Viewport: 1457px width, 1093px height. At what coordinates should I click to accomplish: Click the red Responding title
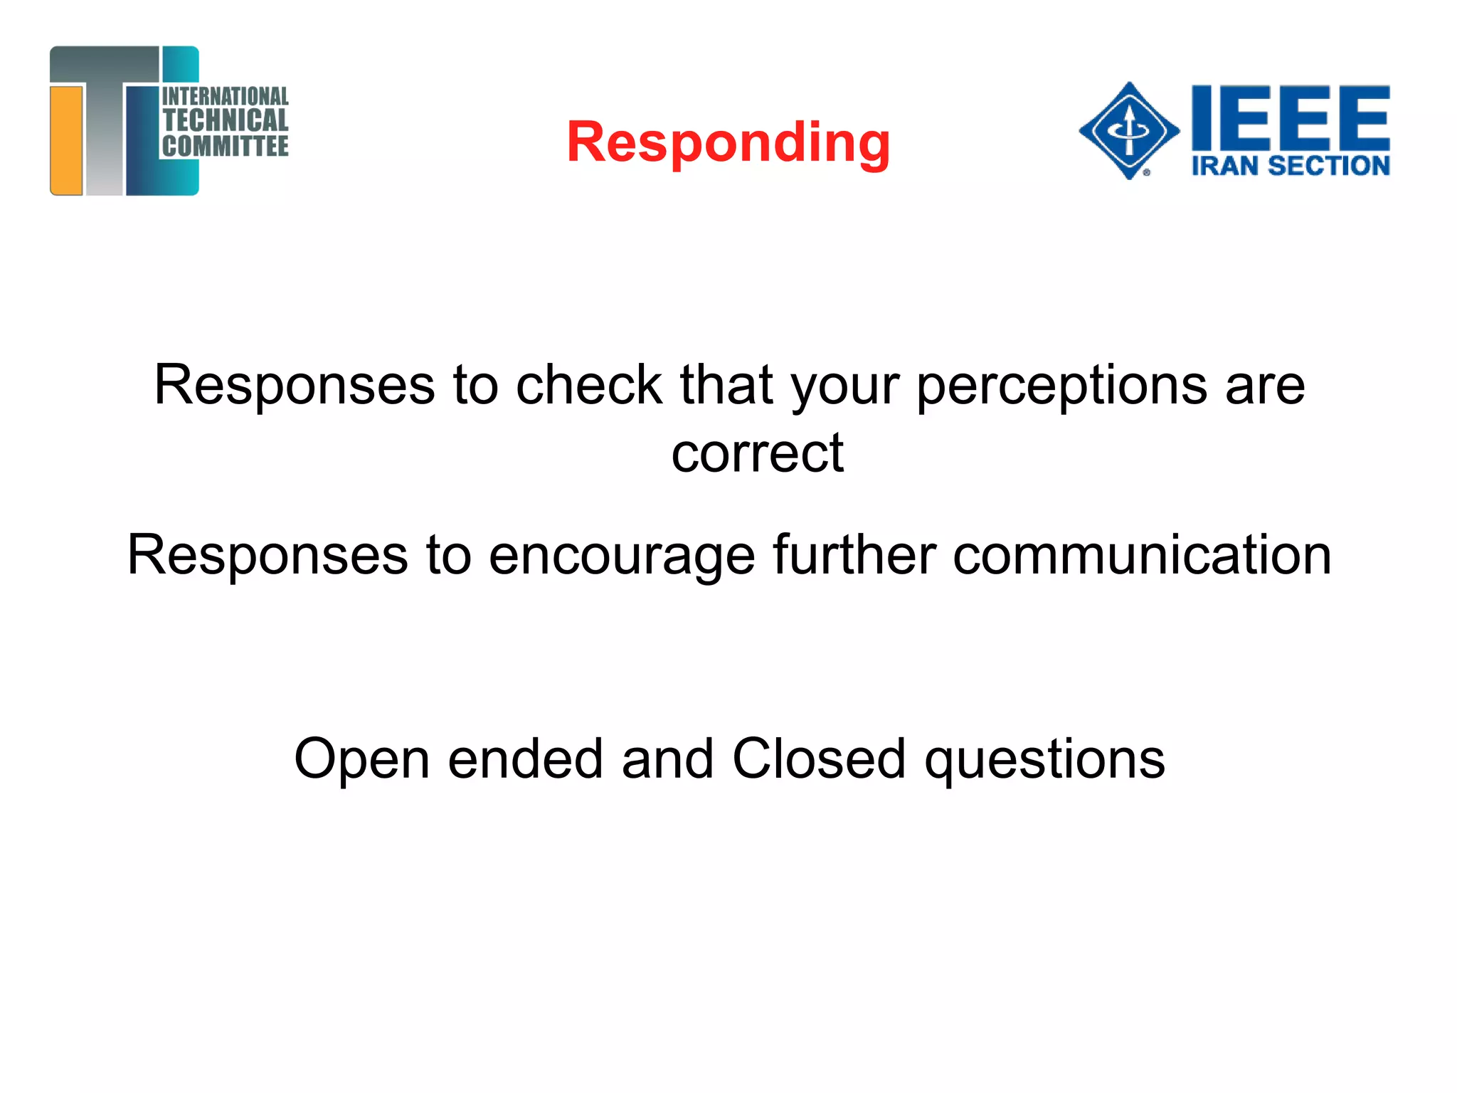pos(728,142)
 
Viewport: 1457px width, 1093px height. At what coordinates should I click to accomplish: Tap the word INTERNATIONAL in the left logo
pos(225,96)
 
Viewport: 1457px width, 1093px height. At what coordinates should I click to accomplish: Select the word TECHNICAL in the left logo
pos(225,120)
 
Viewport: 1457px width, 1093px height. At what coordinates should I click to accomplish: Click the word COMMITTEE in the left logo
pos(225,146)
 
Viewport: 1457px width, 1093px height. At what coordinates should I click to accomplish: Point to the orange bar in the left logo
pos(66,139)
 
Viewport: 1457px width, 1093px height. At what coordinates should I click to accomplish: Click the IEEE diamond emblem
pos(1129,130)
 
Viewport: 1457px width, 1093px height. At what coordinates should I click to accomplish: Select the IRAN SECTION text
pos(1290,166)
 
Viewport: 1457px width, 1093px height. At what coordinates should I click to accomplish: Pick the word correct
pos(757,453)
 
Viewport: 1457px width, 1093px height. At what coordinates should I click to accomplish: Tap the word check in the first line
pos(589,385)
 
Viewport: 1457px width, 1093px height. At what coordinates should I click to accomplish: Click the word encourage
pos(621,556)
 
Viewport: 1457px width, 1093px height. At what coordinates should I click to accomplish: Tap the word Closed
pos(818,759)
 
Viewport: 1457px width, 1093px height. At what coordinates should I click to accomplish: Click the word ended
pos(525,759)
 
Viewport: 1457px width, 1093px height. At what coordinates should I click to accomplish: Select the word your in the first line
pos(846,386)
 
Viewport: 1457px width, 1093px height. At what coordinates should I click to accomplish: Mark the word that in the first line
pos(726,385)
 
